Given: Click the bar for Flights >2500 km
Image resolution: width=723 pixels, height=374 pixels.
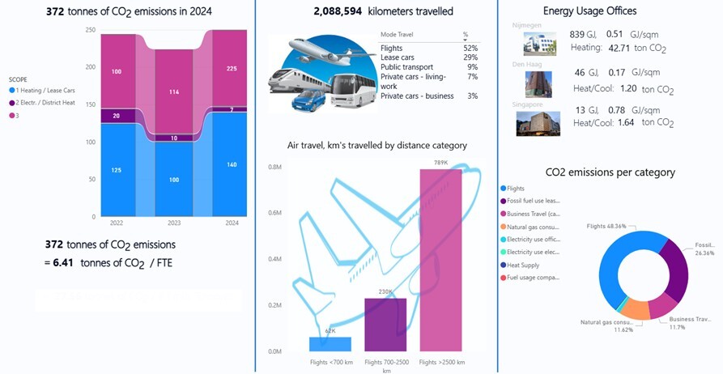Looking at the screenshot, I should point(440,260).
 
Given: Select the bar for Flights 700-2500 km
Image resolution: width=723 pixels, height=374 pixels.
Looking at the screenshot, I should point(385,325).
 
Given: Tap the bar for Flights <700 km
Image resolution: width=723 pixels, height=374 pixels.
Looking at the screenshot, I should point(330,344).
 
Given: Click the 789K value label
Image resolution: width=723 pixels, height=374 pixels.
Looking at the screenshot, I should point(440,163).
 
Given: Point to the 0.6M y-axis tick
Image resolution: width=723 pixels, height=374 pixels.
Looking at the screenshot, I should point(274,213).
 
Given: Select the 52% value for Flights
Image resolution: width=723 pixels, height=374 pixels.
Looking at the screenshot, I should point(470,49).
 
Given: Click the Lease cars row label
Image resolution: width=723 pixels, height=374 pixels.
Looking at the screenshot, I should point(398,57).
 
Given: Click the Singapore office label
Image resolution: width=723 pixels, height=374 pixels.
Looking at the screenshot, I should point(529,104).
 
